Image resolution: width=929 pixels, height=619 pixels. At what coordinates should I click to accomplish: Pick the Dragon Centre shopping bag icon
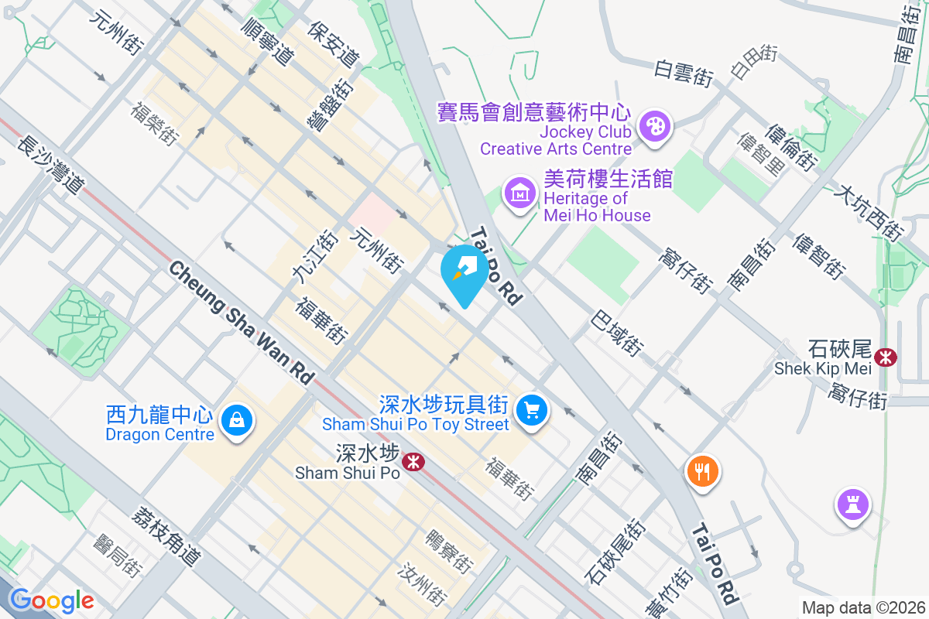(235, 421)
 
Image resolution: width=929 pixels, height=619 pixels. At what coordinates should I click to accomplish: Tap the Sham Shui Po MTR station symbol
(414, 462)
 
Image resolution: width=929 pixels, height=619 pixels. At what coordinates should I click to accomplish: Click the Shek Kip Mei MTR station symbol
(885, 357)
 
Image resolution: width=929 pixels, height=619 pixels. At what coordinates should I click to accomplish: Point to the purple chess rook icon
(852, 506)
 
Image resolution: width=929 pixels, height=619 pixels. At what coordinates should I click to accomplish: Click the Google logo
(51, 600)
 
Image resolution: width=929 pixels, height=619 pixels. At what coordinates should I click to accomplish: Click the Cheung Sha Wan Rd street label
(241, 322)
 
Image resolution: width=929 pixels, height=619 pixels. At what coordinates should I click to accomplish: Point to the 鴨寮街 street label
(448, 550)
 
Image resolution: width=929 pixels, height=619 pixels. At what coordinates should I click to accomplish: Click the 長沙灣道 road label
(50, 164)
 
